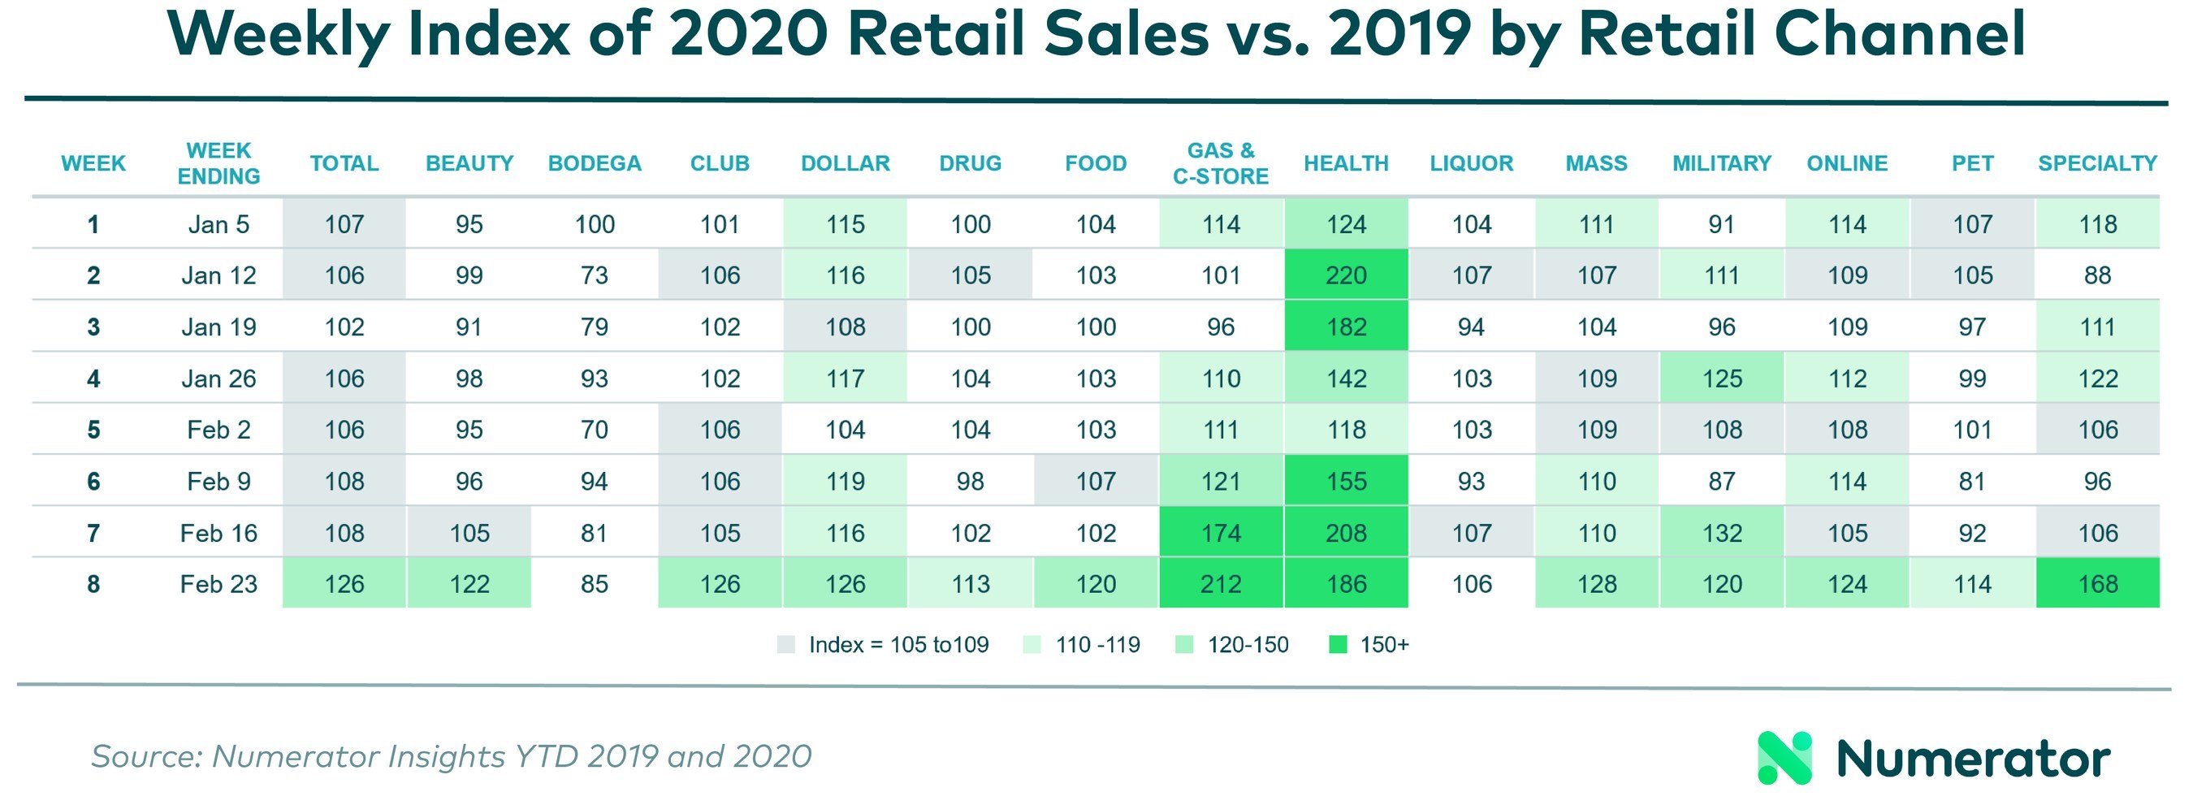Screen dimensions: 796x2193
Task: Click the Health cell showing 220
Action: click(x=1345, y=275)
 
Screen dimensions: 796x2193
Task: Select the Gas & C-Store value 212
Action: click(x=1220, y=584)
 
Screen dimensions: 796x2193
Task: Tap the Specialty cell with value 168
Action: click(x=2097, y=584)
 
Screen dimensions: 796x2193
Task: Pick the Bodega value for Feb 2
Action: click(x=595, y=430)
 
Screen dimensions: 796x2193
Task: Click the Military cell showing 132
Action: click(x=1721, y=533)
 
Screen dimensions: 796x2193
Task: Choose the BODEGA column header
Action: click(x=595, y=163)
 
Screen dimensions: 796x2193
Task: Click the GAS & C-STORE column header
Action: click(x=1220, y=163)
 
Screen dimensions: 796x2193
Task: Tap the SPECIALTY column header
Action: click(x=2097, y=163)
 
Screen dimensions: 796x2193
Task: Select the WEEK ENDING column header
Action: click(x=218, y=163)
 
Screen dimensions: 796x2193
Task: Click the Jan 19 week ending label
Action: click(x=218, y=327)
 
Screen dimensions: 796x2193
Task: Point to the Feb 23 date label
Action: click(x=218, y=584)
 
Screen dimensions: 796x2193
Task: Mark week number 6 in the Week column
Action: click(x=93, y=482)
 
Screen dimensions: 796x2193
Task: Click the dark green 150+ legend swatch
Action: click(x=1338, y=645)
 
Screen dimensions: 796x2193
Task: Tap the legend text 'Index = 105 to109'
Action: click(x=898, y=645)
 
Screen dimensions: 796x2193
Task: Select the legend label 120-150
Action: click(x=1248, y=645)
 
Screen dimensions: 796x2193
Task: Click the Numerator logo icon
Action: click(x=1784, y=758)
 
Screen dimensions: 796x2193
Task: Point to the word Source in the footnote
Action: click(x=145, y=757)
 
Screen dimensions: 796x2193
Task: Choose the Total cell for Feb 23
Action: click(x=344, y=584)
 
